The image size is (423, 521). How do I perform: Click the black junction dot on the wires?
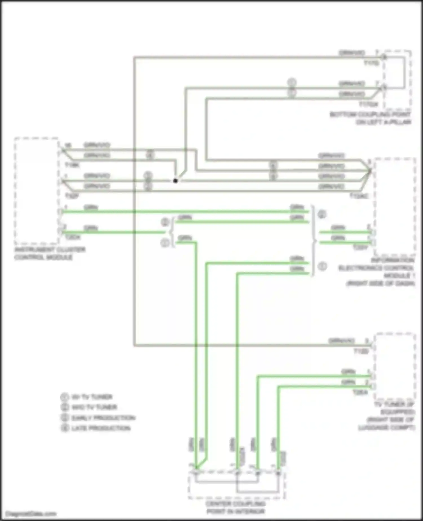(175, 181)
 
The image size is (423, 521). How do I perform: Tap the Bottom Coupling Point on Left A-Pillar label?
(371, 118)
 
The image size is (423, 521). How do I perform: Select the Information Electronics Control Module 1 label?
(377, 272)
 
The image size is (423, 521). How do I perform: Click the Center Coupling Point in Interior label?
(235, 507)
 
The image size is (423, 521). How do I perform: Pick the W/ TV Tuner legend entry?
(92, 397)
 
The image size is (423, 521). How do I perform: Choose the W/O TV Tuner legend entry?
(94, 407)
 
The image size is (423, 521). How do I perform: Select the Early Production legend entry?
(103, 418)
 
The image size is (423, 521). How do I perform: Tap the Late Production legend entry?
(101, 428)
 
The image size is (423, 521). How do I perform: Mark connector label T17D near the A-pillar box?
(371, 63)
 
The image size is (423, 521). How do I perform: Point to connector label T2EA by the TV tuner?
(360, 392)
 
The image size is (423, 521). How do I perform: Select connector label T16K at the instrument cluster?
(72, 165)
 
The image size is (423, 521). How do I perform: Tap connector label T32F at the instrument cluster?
(72, 196)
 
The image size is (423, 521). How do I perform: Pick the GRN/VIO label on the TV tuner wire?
(341, 341)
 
